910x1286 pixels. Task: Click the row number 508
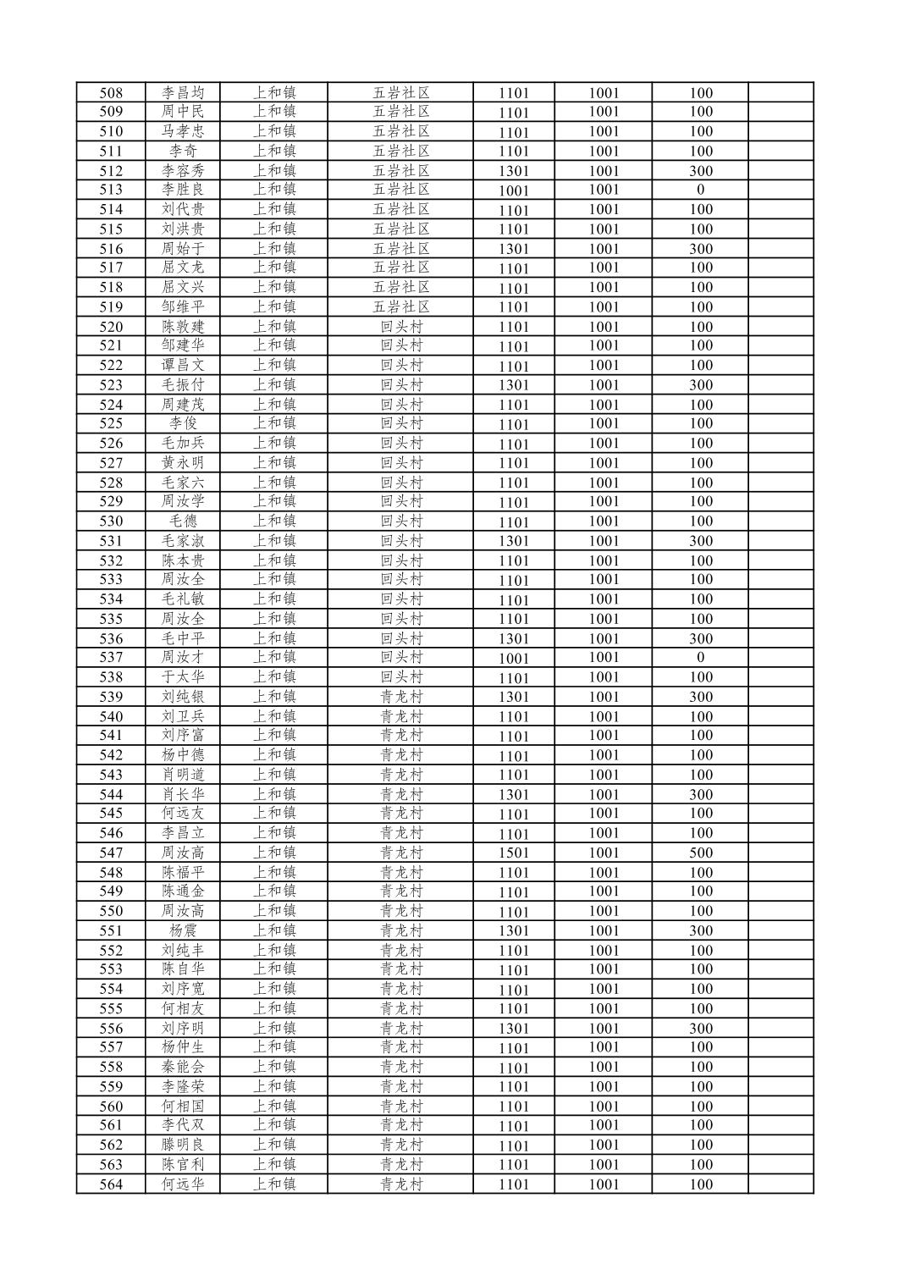click(x=111, y=93)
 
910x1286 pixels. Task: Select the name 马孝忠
click(x=183, y=131)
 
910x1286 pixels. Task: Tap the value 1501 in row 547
click(x=513, y=853)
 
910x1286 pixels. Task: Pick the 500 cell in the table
click(x=700, y=853)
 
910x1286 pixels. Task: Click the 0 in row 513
click(x=700, y=190)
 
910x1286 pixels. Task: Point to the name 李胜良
click(x=183, y=190)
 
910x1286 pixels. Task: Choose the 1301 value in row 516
click(x=513, y=249)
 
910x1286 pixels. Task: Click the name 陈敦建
click(x=183, y=327)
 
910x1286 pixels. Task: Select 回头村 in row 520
click(x=400, y=327)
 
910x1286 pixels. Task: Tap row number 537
click(x=111, y=658)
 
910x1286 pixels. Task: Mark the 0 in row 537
click(x=700, y=658)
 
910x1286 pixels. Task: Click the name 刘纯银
click(x=183, y=697)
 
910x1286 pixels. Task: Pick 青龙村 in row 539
click(x=400, y=697)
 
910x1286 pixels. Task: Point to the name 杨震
click(x=183, y=930)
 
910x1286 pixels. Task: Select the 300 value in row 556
click(x=700, y=1029)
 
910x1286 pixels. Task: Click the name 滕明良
click(x=183, y=1145)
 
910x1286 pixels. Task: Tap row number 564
click(x=111, y=1184)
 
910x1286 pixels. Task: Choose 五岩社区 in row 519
click(x=400, y=307)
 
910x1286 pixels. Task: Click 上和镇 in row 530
click(x=273, y=522)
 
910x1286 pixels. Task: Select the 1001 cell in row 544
click(x=604, y=794)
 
